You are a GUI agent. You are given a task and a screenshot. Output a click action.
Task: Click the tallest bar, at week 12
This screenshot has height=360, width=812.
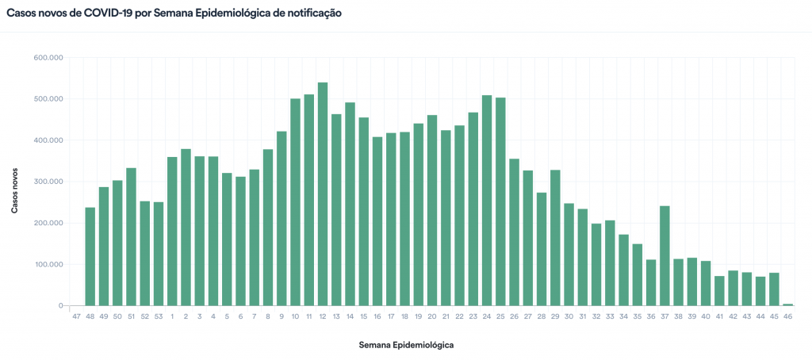323,194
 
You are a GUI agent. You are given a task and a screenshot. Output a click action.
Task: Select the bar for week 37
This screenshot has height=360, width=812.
665,255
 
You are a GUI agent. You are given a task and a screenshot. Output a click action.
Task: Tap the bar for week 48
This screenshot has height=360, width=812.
90,256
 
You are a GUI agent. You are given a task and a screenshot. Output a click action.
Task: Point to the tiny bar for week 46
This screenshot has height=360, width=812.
787,304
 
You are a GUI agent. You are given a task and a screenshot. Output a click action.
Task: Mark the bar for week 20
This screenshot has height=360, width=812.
432,210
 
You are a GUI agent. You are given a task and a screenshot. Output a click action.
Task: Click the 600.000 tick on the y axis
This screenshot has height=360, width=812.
49,58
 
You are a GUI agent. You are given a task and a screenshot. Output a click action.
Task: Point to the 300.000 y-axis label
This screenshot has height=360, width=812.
49,182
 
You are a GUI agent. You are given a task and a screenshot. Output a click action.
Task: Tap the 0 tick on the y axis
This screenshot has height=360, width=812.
60,306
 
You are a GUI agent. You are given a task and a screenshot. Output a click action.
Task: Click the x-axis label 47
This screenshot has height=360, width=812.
76,316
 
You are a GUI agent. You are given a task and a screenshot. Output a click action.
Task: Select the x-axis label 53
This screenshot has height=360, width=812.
159,316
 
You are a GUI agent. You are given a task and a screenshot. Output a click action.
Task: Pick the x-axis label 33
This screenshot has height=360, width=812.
610,316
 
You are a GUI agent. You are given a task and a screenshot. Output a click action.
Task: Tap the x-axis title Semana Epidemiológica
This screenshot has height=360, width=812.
406,345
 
